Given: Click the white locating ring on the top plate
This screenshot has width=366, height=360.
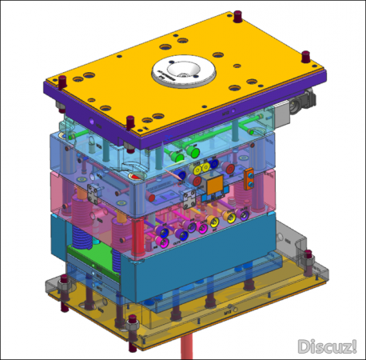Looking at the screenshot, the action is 184,70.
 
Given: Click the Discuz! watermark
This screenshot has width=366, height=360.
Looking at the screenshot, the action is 327,346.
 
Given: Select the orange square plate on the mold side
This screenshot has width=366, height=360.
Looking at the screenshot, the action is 215,185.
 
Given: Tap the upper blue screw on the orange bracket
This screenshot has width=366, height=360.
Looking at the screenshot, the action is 250,175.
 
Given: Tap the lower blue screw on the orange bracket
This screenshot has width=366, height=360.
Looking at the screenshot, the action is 250,183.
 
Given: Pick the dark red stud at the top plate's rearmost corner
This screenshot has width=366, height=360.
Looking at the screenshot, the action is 237,16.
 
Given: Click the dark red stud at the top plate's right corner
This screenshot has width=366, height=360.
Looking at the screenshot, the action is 306,56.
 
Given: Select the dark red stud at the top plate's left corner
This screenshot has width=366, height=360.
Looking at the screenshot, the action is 62,82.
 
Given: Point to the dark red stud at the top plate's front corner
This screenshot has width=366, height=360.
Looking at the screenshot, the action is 129,122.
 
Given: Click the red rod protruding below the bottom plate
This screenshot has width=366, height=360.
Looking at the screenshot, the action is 187,349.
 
